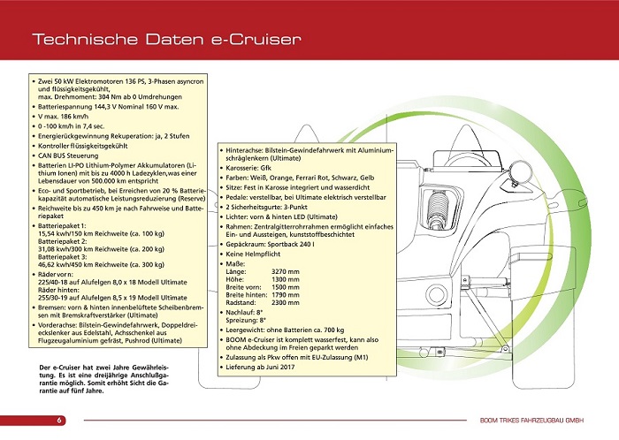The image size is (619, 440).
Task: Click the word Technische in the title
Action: (x=73, y=39)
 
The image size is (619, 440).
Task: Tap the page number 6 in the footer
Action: (x=59, y=420)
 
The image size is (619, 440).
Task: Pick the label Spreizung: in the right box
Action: (x=244, y=319)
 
